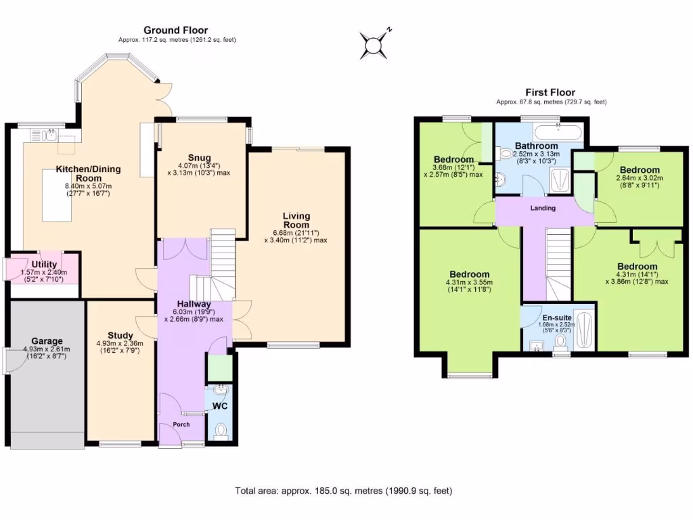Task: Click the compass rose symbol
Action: click(x=374, y=45)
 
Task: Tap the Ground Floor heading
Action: click(x=175, y=30)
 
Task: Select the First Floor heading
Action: click(x=550, y=92)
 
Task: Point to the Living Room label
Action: click(x=296, y=221)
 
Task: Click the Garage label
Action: click(x=47, y=341)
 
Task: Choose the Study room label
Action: click(x=120, y=335)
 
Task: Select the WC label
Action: click(x=221, y=407)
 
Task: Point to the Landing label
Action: click(x=543, y=208)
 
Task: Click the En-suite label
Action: click(x=556, y=316)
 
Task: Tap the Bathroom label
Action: click(x=536, y=146)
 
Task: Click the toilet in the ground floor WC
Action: click(x=221, y=429)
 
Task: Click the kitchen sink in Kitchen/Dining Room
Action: click(x=50, y=135)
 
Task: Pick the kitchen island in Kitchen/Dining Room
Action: click(x=56, y=194)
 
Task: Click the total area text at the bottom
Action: click(x=343, y=490)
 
